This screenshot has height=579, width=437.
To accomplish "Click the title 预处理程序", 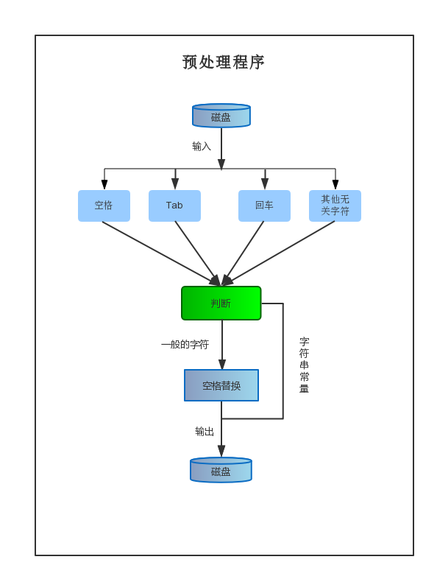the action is [x=223, y=62].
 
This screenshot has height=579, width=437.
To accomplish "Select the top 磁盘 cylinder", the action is [x=221, y=116].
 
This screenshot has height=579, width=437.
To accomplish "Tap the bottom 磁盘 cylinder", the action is [x=221, y=470].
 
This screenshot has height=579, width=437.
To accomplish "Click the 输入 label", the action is [x=202, y=147].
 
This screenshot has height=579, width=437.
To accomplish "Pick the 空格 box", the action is [x=104, y=206].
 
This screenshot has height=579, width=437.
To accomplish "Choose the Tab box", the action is [x=174, y=206].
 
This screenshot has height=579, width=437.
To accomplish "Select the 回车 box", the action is [x=264, y=206].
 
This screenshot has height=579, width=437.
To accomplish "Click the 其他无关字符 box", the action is [x=335, y=206].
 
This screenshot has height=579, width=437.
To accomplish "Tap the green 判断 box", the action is [x=221, y=303].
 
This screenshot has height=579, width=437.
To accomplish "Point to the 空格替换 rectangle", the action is [x=221, y=385].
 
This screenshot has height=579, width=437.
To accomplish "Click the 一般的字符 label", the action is [x=185, y=345].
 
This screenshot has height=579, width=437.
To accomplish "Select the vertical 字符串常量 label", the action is [x=305, y=365].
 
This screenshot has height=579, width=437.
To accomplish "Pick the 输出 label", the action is [x=205, y=431].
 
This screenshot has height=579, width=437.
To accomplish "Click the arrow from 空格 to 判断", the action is [x=162, y=253].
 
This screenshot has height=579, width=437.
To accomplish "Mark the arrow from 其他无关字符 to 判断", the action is [x=278, y=253].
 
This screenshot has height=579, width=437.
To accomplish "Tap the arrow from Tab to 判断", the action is [x=198, y=253].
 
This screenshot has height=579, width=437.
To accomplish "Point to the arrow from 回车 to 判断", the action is [x=243, y=253].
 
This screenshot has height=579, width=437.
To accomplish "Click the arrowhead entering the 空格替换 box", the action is [x=222, y=364].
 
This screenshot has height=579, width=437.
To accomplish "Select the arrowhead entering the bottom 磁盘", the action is [x=221, y=451].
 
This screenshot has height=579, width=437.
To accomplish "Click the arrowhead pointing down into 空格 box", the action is [x=104, y=185].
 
